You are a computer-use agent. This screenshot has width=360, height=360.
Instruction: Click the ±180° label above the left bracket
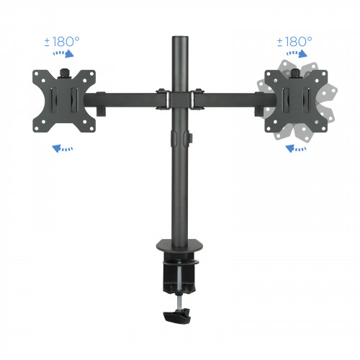coord(60,41)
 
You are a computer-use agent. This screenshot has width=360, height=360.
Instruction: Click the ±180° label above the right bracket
coord(294,41)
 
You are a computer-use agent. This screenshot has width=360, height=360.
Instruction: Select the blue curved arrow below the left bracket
coord(63,149)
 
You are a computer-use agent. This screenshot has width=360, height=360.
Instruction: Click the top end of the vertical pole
coord(177,35)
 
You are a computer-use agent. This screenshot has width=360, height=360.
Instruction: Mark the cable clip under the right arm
coord(257,109)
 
